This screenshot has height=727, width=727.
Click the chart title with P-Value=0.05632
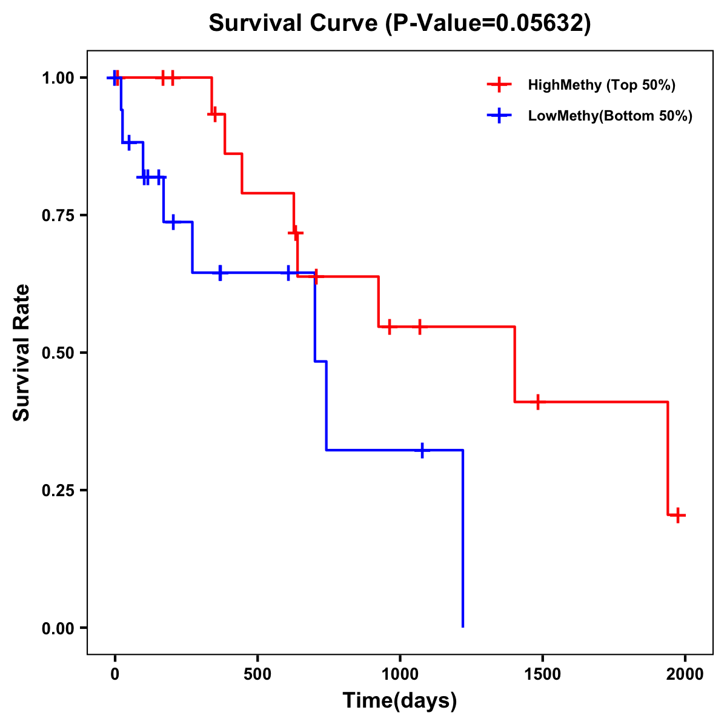(400, 23)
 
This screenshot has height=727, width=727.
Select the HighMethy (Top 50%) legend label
(602, 85)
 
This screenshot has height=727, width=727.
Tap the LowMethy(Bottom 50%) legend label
(610, 116)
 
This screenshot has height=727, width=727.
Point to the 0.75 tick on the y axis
(58, 215)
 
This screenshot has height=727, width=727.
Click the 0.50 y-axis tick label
(58, 353)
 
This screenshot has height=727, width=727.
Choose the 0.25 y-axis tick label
(58, 490)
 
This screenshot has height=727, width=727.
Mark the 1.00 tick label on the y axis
(58, 78)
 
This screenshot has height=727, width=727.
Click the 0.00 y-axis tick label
(58, 628)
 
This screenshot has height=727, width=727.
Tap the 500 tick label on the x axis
(257, 674)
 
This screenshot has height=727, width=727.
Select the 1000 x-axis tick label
(400, 674)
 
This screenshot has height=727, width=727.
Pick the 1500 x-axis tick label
(542, 674)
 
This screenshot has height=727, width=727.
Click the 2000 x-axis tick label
(685, 674)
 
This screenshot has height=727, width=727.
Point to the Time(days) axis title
(400, 701)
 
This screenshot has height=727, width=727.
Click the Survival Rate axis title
(22, 353)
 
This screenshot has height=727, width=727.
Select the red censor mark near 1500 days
(537, 402)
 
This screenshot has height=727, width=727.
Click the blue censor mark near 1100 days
(422, 450)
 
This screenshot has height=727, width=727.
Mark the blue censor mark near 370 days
(220, 273)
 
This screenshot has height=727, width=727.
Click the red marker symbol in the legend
(499, 85)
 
